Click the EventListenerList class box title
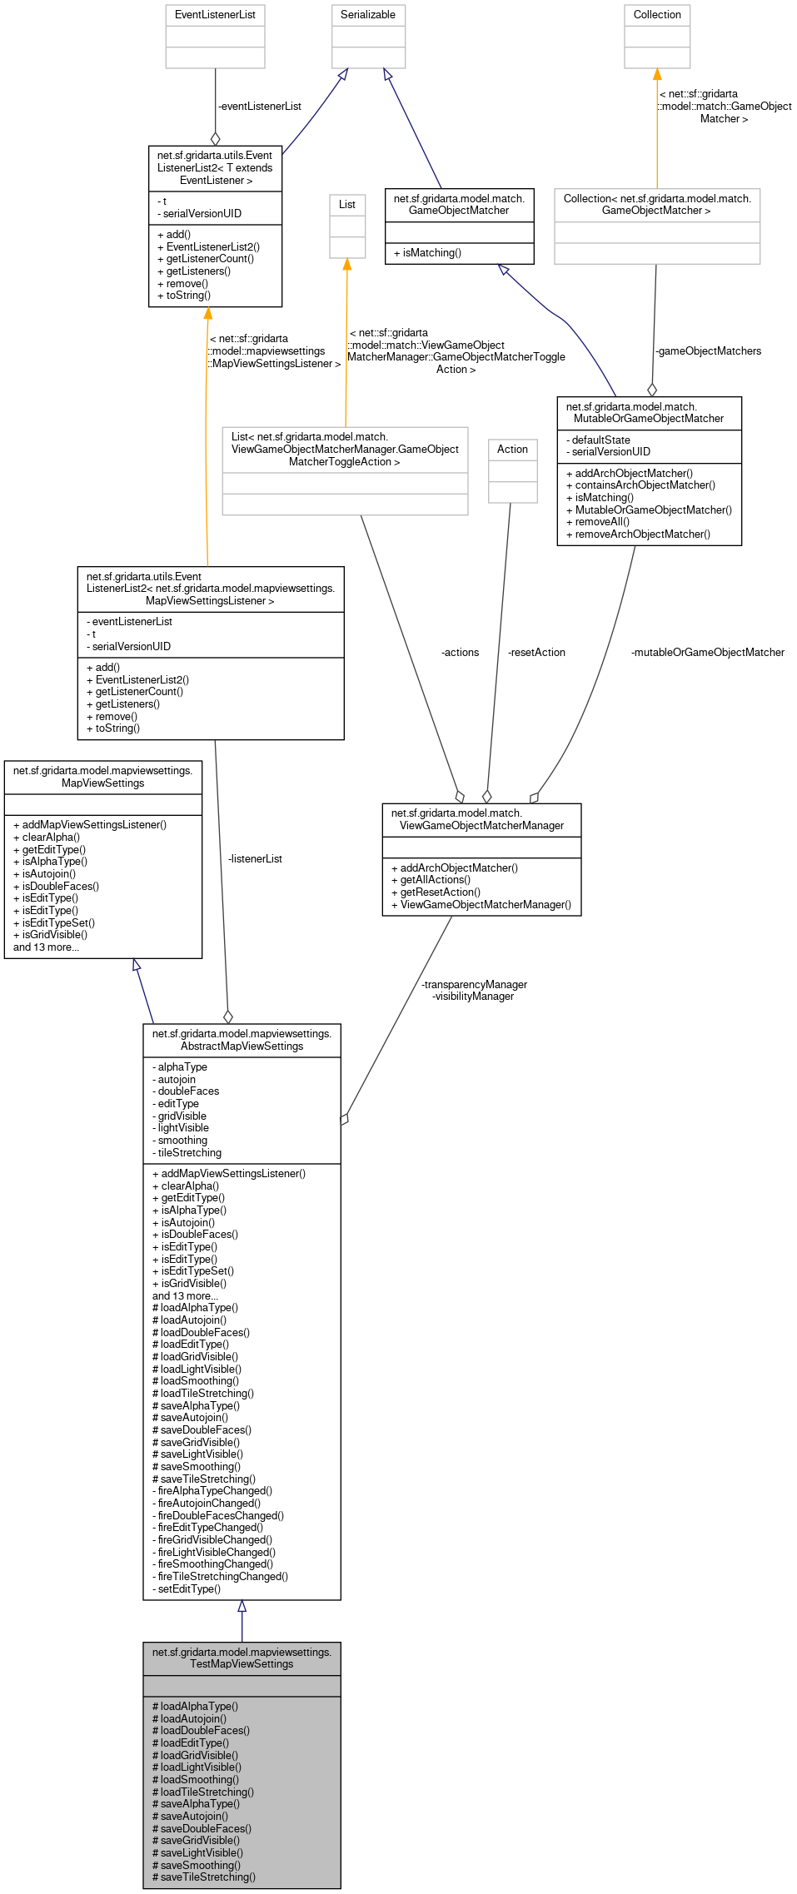[215, 15]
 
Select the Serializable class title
[368, 15]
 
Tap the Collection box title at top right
[657, 15]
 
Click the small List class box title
[347, 205]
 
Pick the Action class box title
[512, 450]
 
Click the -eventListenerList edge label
[260, 107]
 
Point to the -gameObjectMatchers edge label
[708, 351]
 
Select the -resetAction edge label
[536, 653]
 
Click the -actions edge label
[460, 653]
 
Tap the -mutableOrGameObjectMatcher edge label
[708, 653]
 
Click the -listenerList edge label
[255, 859]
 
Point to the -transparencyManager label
[474, 985]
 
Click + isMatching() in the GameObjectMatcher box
[427, 253]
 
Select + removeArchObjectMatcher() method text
[638, 534]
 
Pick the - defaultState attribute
[598, 440]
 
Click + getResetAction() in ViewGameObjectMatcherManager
[436, 892]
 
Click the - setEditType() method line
[187, 1589]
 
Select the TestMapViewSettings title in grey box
[242, 1658]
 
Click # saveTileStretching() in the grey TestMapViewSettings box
[204, 1877]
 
